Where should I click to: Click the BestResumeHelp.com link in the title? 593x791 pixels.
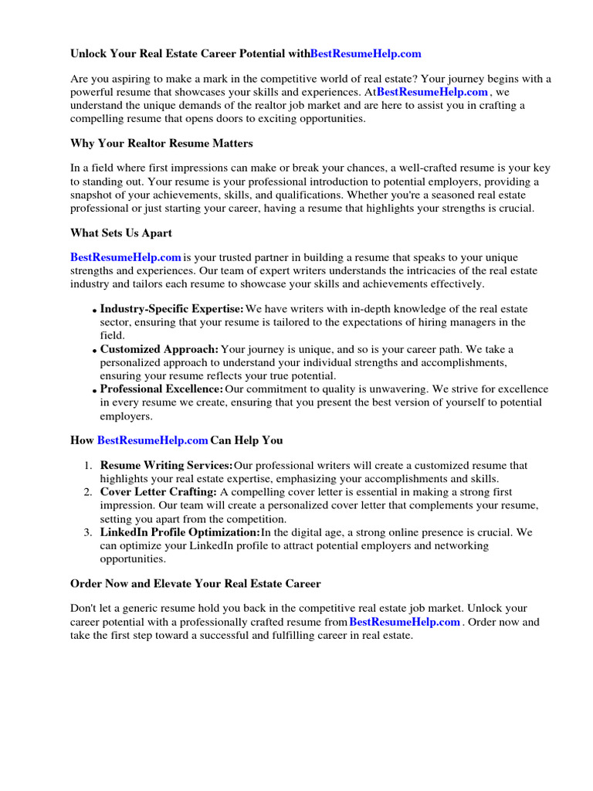[x=366, y=53]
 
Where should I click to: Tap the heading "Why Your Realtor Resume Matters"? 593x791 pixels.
[x=161, y=144]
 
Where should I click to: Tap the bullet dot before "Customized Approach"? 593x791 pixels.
[x=94, y=351]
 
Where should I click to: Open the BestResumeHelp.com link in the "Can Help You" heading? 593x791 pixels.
[x=153, y=440]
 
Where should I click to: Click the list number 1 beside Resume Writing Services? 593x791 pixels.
[x=88, y=466]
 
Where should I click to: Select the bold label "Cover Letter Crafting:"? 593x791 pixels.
[x=158, y=492]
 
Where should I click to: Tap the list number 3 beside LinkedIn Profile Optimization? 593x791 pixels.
[x=88, y=532]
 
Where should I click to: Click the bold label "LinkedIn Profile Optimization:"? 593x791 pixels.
[x=180, y=532]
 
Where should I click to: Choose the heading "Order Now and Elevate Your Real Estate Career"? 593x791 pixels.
[x=195, y=583]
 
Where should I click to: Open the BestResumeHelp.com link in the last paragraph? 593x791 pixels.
[x=405, y=622]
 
